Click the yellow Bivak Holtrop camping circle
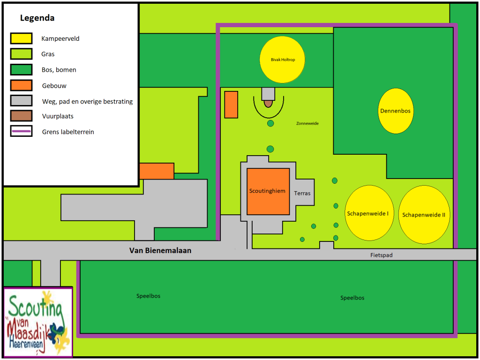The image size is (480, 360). click(282, 60)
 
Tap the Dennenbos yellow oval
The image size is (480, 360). click(396, 111)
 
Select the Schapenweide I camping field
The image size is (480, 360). click(369, 213)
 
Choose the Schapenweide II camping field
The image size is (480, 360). click(424, 214)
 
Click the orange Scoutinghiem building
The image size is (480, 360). click(268, 191)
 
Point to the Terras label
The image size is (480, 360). click(302, 193)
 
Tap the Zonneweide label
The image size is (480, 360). click(307, 123)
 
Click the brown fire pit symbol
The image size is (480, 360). click(268, 104)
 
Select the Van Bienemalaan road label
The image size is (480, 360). click(160, 250)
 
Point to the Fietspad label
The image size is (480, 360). click(381, 255)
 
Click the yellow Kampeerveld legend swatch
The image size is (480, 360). click(21, 38)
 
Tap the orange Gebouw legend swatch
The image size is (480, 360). click(21, 85)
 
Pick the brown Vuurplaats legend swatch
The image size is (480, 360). click(21, 116)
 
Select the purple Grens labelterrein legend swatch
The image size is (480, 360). click(21, 131)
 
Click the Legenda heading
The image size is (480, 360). click(37, 18)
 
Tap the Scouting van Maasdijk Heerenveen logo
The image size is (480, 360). click(38, 322)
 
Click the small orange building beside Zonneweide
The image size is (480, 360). click(231, 105)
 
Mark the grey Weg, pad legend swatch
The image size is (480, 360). click(21, 100)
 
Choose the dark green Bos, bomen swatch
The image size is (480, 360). click(21, 69)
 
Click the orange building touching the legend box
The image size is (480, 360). click(157, 171)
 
